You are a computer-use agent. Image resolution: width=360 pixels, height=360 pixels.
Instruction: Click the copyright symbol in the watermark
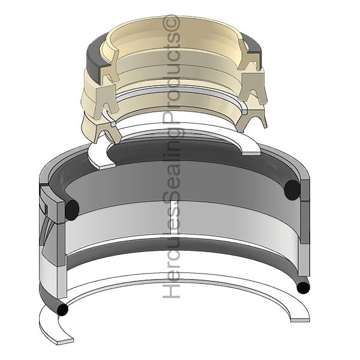click(x=171, y=23)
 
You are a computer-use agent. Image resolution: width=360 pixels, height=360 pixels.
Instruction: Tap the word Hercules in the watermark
click(x=171, y=248)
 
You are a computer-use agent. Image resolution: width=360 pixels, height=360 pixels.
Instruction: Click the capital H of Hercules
click(x=171, y=290)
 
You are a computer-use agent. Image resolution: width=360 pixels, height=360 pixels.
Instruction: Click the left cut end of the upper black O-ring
click(x=72, y=210)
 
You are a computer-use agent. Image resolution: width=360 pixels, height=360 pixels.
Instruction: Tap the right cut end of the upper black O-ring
click(x=292, y=190)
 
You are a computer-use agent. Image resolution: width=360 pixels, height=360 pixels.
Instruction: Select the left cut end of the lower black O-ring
click(x=62, y=310)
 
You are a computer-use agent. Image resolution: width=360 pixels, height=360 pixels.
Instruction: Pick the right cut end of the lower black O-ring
click(x=303, y=287)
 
